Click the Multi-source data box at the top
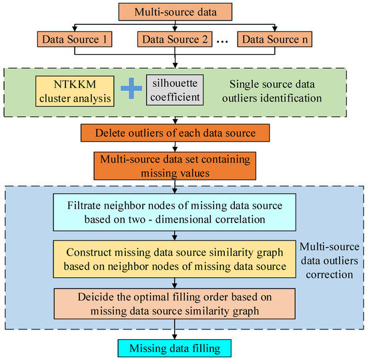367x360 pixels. tap(175, 11)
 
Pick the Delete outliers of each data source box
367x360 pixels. tap(175, 133)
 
